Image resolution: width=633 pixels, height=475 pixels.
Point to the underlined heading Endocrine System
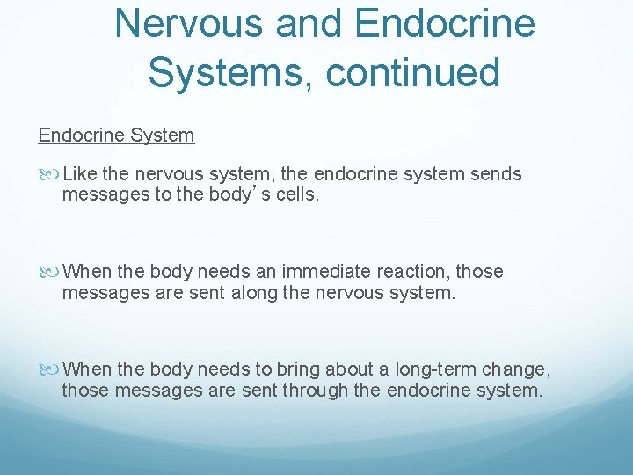(x=116, y=135)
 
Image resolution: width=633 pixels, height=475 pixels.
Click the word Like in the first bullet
(x=81, y=174)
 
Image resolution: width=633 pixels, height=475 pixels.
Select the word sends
(x=497, y=174)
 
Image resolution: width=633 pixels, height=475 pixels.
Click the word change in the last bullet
(x=523, y=369)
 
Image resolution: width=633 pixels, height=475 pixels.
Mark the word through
(x=314, y=389)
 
